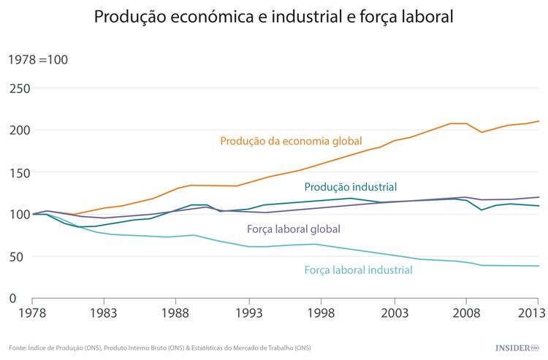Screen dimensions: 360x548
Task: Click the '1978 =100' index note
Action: [x=38, y=60]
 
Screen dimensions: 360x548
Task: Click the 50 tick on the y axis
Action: [x=20, y=256]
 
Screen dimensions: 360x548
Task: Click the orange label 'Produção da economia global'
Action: [x=291, y=141]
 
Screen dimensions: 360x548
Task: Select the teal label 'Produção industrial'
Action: [x=350, y=187]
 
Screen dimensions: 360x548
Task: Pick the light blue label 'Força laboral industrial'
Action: [x=358, y=270]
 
